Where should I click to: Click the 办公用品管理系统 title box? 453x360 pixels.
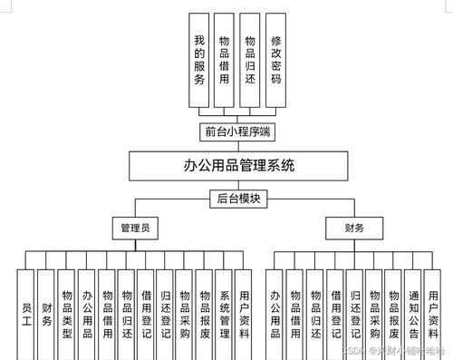(x=226, y=166)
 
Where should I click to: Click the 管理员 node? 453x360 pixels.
(x=136, y=228)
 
